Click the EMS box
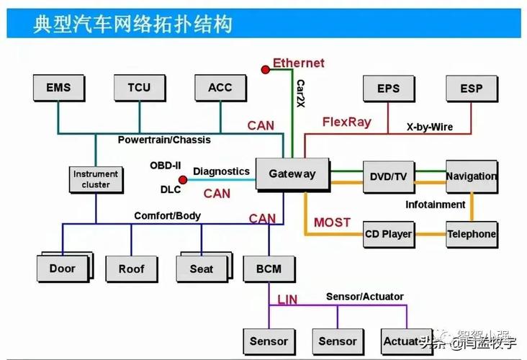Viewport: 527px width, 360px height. tap(58, 88)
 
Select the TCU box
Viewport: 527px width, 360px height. tap(139, 88)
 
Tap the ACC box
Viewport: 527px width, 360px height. tap(220, 88)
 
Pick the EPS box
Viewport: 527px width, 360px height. tap(388, 89)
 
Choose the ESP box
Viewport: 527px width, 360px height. tap(472, 89)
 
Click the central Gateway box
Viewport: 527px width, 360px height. tap(292, 174)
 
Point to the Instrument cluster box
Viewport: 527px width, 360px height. tap(96, 179)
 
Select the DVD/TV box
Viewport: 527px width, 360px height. tap(388, 176)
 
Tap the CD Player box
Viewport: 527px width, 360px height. tap(388, 234)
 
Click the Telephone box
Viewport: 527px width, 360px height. tap(472, 234)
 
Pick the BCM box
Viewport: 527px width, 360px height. tap(269, 269)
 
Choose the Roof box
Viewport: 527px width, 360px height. tap(132, 269)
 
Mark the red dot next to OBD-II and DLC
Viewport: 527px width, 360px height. tap(183, 179)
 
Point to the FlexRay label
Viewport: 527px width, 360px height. tap(346, 122)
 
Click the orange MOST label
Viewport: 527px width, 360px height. tap(332, 222)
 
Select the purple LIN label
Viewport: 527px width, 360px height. tap(287, 298)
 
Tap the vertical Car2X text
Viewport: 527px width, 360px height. tap(300, 94)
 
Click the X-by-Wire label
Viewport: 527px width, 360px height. tap(429, 127)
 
